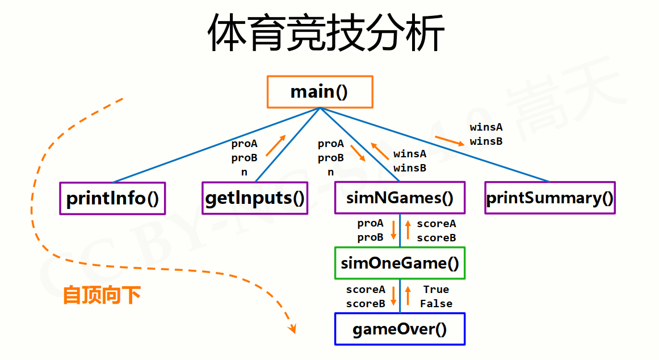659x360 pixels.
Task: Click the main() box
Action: coord(320,92)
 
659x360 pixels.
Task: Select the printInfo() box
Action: coord(112,198)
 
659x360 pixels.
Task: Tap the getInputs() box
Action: coord(255,198)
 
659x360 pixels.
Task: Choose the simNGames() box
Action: coord(400,198)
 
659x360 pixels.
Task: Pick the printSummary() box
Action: coord(549,198)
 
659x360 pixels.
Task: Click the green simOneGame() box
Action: coord(400,263)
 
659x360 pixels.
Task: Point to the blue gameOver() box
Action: coord(400,329)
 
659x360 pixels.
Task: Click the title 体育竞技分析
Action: coord(325,33)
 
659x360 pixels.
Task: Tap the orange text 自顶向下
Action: coord(102,295)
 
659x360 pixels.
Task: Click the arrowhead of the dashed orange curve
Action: coord(292,328)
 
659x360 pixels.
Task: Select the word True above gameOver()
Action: coord(436,290)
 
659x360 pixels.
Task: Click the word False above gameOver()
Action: coord(436,304)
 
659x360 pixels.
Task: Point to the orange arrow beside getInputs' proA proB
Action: coord(276,145)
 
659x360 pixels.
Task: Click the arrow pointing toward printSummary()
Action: coord(450,140)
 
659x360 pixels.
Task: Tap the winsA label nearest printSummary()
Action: coord(486,127)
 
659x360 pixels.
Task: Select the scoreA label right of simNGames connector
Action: coord(436,224)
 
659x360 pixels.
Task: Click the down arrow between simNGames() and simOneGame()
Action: coord(393,230)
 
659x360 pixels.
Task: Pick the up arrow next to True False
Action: coord(408,296)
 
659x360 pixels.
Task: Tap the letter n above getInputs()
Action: coord(244,172)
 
